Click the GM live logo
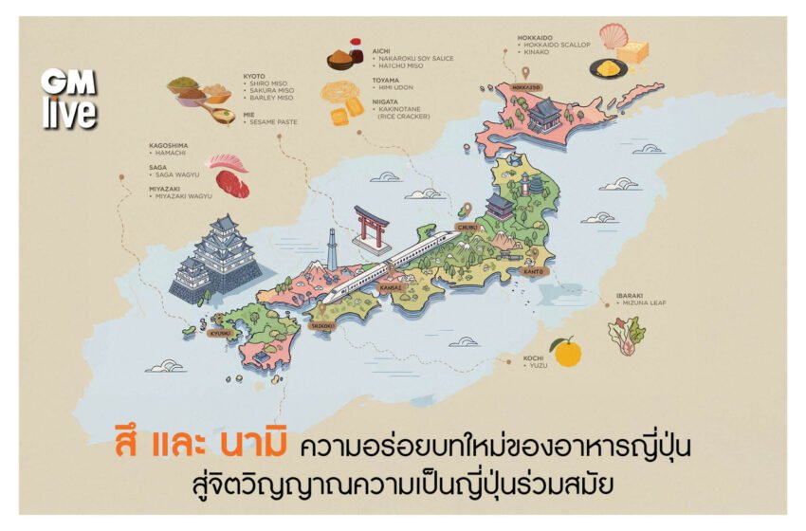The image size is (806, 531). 68,98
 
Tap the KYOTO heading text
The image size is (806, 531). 253,74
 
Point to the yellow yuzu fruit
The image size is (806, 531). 566,352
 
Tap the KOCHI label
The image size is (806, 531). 533,358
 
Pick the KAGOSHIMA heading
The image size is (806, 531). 169,146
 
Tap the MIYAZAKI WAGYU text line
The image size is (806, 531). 184,196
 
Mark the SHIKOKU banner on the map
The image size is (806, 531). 322,325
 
